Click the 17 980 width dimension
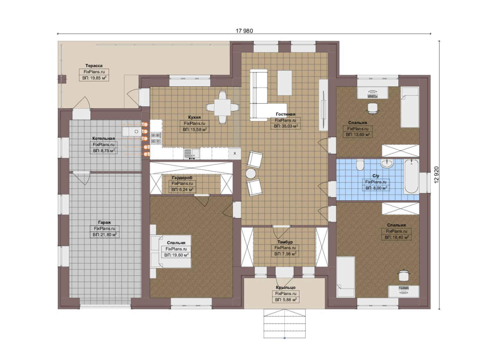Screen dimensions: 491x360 (244, 31)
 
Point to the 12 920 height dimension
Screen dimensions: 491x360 (437, 175)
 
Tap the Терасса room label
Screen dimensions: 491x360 (94, 66)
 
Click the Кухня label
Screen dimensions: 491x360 (194, 117)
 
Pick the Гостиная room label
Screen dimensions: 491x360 (285, 114)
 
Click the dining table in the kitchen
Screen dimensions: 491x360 (222, 107)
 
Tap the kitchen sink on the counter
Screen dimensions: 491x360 (192, 154)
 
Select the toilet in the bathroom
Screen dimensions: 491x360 (360, 165)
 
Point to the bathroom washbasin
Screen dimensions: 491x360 (387, 163)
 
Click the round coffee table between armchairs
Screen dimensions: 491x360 (250, 174)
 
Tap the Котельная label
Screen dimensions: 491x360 (104, 138)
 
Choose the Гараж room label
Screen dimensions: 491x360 (104, 222)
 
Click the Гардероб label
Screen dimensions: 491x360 (182, 177)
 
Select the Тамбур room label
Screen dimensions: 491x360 (285, 242)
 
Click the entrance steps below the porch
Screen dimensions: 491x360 (284, 324)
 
